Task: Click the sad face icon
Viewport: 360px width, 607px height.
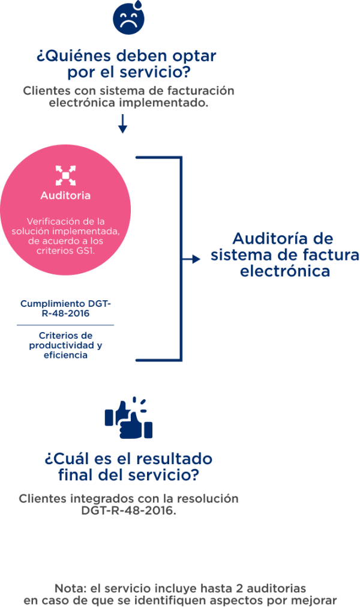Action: [129, 17]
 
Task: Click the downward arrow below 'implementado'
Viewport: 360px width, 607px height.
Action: [122, 124]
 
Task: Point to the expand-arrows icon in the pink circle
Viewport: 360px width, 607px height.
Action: [65, 175]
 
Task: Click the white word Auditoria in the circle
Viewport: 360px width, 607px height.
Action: [65, 196]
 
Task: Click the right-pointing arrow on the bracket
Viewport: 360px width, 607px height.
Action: [191, 259]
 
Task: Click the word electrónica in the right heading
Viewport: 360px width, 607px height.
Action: [285, 271]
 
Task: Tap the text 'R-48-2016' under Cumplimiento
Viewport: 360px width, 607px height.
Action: [65, 313]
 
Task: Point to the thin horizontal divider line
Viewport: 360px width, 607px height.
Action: [65, 325]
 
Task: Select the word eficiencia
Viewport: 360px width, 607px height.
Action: [65, 355]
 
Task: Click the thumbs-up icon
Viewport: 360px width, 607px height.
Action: [129, 418]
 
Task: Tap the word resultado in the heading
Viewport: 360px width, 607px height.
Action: [175, 459]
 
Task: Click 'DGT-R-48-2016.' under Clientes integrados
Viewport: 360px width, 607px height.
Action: [129, 510]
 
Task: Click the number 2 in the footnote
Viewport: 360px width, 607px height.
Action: [239, 588]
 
